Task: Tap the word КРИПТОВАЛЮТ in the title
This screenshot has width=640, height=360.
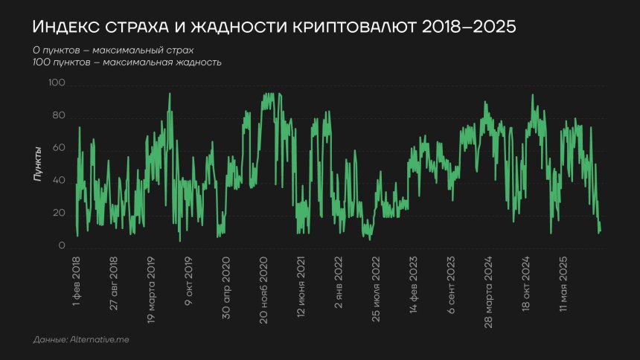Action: pos(341,27)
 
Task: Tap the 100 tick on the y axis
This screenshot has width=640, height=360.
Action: pos(57,85)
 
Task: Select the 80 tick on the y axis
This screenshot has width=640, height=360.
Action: pos(59,117)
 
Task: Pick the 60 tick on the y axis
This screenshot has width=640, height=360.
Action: pos(59,149)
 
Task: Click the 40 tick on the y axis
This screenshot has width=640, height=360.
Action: pos(59,181)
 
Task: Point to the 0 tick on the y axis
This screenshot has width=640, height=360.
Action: pos(63,246)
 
